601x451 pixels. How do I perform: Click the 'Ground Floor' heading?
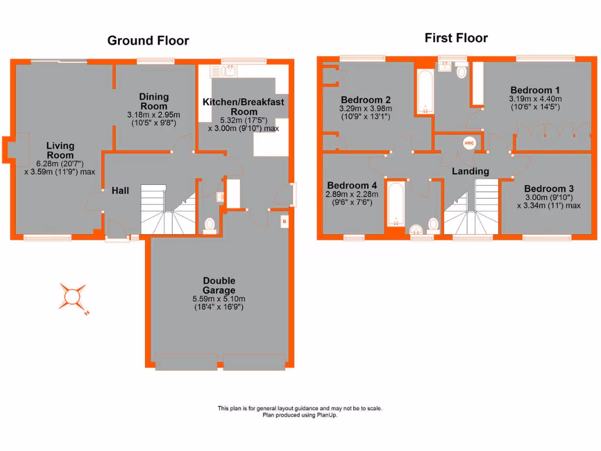(x=148, y=41)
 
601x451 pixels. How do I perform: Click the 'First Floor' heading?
(x=456, y=38)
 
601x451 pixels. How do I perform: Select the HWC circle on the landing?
(x=468, y=143)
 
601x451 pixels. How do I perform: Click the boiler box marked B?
(x=284, y=222)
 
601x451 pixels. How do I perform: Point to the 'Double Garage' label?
(x=219, y=285)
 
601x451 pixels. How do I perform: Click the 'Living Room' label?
(x=60, y=150)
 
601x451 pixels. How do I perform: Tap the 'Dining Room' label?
(x=154, y=101)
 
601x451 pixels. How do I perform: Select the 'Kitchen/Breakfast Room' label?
(x=243, y=107)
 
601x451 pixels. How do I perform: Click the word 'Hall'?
(x=120, y=190)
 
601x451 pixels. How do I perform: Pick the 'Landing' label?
(x=470, y=171)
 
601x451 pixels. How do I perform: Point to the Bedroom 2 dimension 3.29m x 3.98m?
(x=366, y=108)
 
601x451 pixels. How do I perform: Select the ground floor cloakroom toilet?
(x=210, y=224)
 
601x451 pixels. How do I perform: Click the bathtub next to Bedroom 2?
(x=423, y=92)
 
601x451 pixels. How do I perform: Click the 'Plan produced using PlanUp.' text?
(x=300, y=415)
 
